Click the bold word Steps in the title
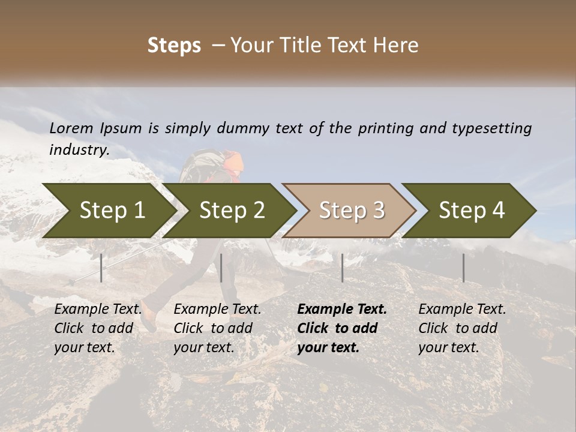point(174,46)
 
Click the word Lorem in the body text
point(71,128)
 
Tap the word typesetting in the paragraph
point(491,128)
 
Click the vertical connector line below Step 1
point(101,268)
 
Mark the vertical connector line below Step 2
point(221,268)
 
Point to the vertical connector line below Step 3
point(342,268)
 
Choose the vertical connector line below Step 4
point(463,268)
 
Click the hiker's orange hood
point(235,161)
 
